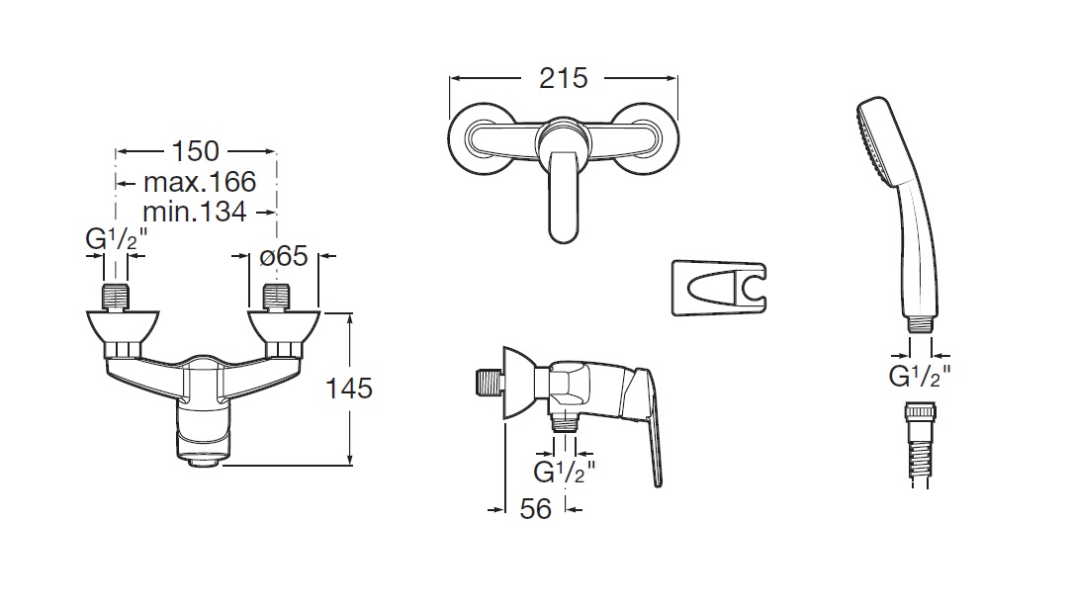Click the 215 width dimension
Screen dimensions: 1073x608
coord(563,78)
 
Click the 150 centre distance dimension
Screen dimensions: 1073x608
coord(195,151)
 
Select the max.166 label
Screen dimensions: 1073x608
coord(200,182)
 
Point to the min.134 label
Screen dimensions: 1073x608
coord(195,212)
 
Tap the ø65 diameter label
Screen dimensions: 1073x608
coord(284,256)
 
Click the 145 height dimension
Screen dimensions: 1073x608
coord(349,389)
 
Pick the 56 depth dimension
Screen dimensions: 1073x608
coord(535,509)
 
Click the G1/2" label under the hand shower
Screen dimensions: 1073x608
coord(920,376)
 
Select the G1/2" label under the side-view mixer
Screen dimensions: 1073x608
coord(565,472)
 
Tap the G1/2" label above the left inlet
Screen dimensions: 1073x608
coord(117,239)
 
